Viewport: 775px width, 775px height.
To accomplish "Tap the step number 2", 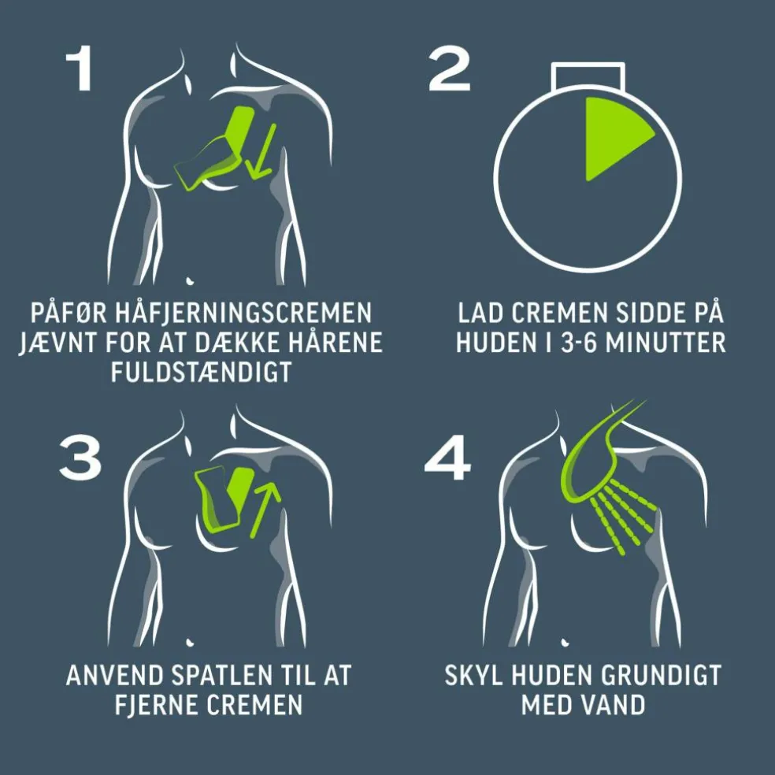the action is click(x=449, y=69).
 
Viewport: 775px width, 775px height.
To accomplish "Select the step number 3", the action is click(x=80, y=458).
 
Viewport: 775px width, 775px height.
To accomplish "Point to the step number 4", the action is click(x=448, y=458).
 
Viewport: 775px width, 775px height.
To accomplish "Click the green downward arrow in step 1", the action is click(x=262, y=150).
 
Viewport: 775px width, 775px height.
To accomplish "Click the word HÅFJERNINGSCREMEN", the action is click(x=243, y=313).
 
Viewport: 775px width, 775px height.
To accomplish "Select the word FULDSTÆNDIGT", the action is click(x=201, y=373).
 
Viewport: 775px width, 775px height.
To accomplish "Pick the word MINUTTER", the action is click(x=666, y=343).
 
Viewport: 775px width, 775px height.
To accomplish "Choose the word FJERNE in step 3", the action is click(x=158, y=704).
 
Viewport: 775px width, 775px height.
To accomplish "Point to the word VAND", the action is click(x=614, y=704).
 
